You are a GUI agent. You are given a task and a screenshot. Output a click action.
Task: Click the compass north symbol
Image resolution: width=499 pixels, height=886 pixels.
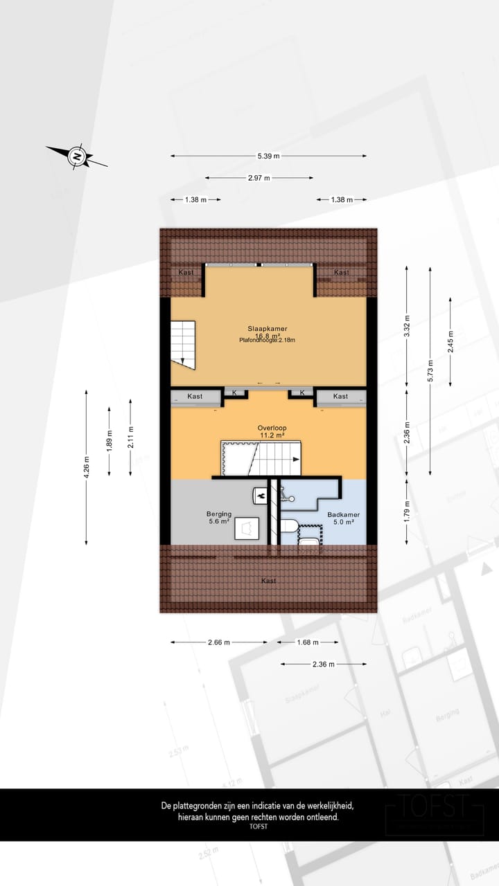(x=77, y=156)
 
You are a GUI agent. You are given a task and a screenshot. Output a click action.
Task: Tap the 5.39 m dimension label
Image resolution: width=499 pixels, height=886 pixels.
(x=268, y=156)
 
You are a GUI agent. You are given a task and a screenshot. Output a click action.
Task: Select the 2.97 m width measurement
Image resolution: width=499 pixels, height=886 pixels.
(x=259, y=178)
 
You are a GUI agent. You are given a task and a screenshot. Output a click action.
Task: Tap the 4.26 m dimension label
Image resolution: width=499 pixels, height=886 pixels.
(x=86, y=467)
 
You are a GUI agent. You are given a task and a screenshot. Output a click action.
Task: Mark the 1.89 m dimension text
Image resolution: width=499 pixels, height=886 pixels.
(x=109, y=441)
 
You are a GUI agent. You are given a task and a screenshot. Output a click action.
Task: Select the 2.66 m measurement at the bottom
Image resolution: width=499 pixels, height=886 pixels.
(x=219, y=642)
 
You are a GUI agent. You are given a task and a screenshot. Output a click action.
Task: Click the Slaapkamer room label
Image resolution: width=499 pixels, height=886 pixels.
(x=268, y=328)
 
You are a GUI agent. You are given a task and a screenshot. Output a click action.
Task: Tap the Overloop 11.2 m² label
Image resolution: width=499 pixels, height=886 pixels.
(x=272, y=431)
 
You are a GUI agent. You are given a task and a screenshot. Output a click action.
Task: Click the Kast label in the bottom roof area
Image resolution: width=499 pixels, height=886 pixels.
(x=268, y=581)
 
